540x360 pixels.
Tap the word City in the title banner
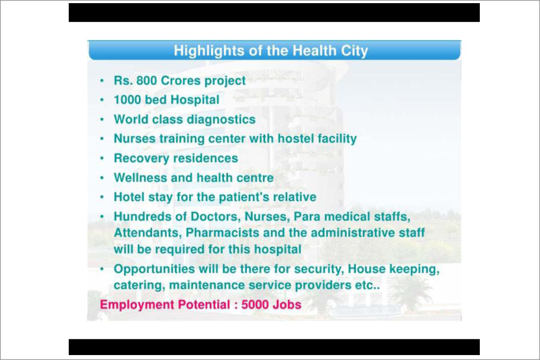click(x=354, y=51)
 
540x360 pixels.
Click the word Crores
click(x=181, y=80)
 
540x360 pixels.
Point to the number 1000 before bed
click(x=128, y=100)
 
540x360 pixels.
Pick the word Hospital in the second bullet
click(x=195, y=100)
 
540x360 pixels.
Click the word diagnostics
click(x=221, y=120)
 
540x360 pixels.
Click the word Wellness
click(x=140, y=178)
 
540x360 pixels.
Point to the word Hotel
click(x=129, y=197)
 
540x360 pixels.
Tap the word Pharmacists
click(x=222, y=233)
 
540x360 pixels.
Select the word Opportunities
click(x=154, y=269)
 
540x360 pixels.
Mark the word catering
click(x=139, y=285)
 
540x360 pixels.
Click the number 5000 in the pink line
click(x=255, y=305)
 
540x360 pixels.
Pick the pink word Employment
click(x=137, y=305)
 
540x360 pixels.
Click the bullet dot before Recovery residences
click(x=102, y=158)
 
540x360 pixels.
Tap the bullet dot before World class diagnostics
click(x=102, y=119)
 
